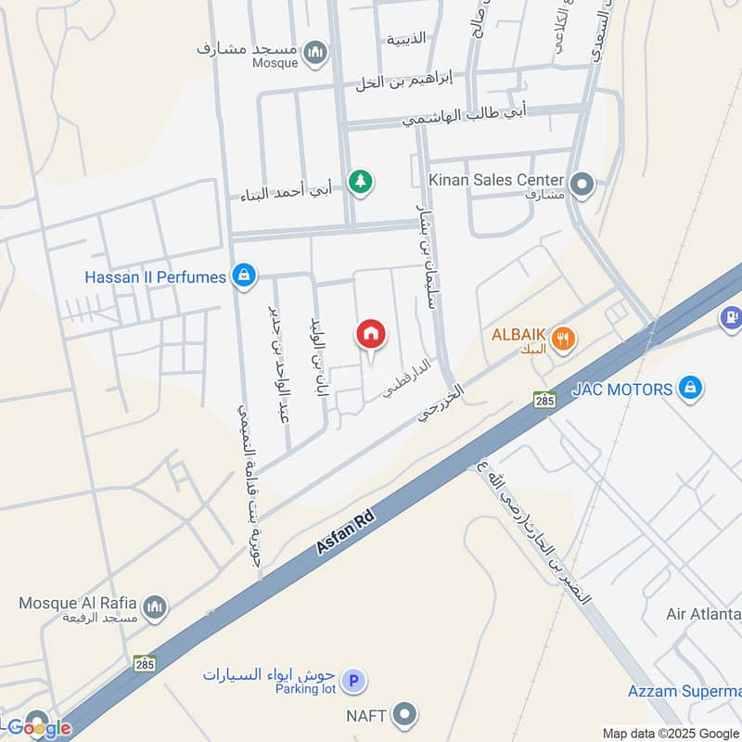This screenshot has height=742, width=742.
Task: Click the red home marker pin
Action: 371,334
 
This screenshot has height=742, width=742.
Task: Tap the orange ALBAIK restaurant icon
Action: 562,340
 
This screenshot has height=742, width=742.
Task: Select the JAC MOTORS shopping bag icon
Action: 689,388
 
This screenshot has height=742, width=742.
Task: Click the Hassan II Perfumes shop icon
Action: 243,276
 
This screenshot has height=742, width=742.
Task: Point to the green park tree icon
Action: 361,181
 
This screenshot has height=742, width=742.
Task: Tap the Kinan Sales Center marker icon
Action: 582,184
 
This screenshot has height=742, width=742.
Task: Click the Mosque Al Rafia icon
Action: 155,607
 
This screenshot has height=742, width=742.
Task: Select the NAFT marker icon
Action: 403,714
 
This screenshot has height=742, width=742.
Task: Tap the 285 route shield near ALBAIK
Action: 544,399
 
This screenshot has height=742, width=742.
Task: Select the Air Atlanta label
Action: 703,614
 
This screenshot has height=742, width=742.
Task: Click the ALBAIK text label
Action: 518,336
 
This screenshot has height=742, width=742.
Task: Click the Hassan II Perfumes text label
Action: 155,276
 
